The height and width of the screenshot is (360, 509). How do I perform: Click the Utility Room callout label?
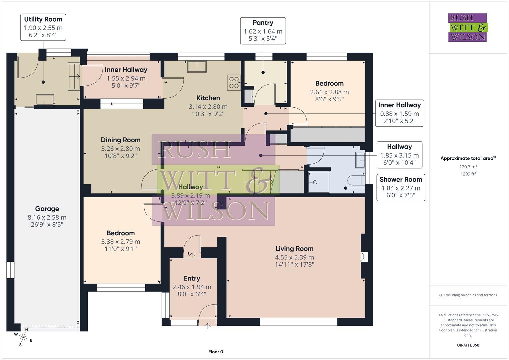[43, 19]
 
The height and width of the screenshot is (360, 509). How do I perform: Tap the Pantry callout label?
[263, 23]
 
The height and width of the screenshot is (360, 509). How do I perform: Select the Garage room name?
[47, 209]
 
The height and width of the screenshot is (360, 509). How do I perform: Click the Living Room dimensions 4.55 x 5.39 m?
[294, 257]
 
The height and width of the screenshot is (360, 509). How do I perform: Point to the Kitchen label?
[208, 98]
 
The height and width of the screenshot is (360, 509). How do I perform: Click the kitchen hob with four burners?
[234, 83]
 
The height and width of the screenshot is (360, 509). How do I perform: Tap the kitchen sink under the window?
[197, 66]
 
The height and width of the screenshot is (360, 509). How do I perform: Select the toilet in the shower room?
[356, 180]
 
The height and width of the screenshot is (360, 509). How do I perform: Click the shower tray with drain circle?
[318, 182]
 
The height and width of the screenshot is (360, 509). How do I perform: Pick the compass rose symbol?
[23, 337]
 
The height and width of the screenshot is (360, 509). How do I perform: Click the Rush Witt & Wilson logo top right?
[467, 28]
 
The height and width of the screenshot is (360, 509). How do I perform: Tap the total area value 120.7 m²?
[468, 167]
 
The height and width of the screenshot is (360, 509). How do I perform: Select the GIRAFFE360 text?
[468, 345]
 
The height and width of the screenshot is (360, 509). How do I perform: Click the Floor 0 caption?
[216, 352]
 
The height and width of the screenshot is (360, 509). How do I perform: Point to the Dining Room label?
[120, 140]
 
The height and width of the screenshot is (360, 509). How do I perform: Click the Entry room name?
[192, 279]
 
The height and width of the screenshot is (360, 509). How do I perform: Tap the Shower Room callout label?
[401, 180]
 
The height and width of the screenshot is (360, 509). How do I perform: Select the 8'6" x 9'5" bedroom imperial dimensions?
[329, 99]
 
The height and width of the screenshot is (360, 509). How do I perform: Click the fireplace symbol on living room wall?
[364, 257]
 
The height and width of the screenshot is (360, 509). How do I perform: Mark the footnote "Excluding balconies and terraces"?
[468, 295]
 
